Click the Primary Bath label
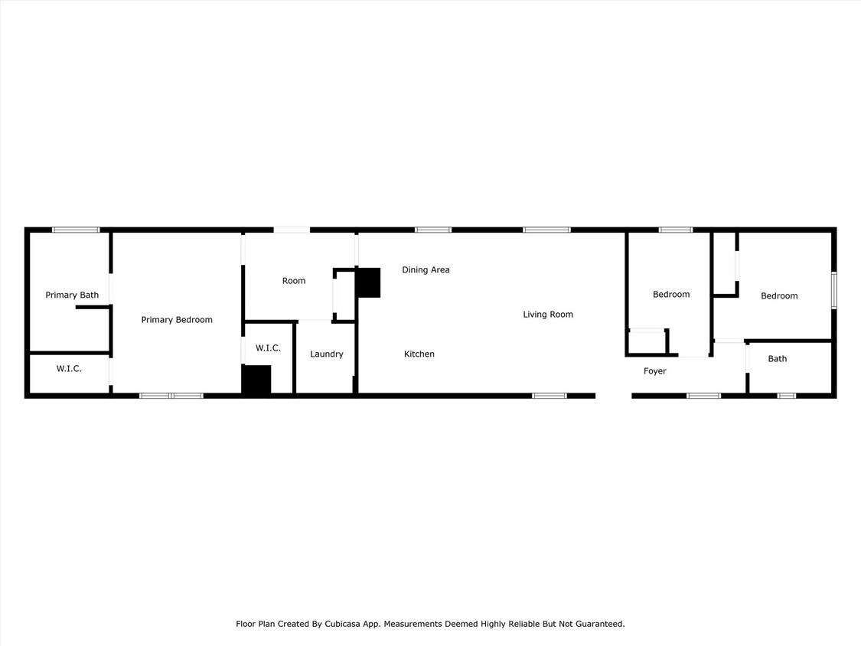72,295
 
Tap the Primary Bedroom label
177,320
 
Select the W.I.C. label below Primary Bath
69,369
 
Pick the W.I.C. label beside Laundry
268,348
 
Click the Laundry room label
327,354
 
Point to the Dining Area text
426,270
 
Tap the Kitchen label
419,354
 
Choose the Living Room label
548,315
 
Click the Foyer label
654,371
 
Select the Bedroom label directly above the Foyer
671,295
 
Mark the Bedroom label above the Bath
779,296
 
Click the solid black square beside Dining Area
368,282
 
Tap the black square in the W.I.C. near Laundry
256,380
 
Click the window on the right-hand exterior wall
833,290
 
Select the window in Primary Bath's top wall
76,230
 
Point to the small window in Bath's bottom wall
786,396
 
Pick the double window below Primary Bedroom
171,396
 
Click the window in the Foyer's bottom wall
703,396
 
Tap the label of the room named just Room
294,281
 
